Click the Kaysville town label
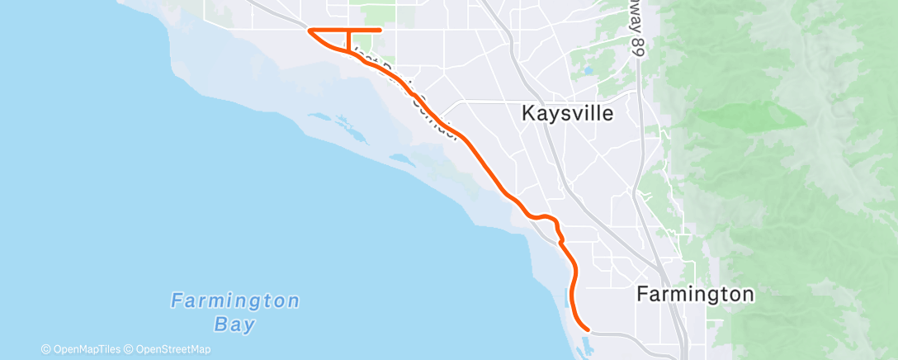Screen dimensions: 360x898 [x=568, y=114]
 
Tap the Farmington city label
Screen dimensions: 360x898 [x=695, y=294]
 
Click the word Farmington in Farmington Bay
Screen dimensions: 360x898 [x=235, y=301]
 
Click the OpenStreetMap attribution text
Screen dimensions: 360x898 [x=170, y=349]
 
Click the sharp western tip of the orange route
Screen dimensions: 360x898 [x=309, y=31]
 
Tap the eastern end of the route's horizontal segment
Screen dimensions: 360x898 [x=380, y=31]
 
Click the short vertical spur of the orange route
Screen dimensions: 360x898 [x=348, y=39]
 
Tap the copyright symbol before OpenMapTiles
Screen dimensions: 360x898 [x=46, y=349]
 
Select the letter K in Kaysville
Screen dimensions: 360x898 [x=529, y=114]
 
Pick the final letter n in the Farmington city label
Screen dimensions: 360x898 [x=748, y=294]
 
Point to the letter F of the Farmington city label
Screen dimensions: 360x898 [x=642, y=294]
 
